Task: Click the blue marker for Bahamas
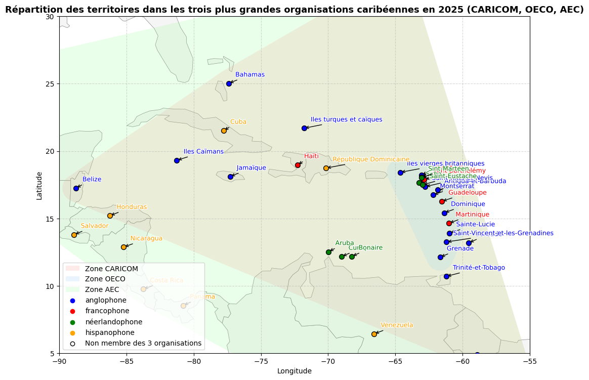[x=229, y=83]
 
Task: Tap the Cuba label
[x=238, y=122]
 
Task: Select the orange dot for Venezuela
[x=374, y=334]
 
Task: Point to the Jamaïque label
[x=251, y=168]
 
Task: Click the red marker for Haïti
[x=298, y=165]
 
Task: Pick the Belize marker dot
[x=76, y=188]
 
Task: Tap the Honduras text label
[x=132, y=207]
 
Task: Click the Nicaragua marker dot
[x=123, y=247]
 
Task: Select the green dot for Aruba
[x=328, y=252]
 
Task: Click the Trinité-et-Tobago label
[x=479, y=268]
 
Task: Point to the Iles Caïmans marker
[x=177, y=160]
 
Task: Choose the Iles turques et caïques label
[x=347, y=119]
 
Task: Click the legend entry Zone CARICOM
[x=111, y=269]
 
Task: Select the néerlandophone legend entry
[x=114, y=322]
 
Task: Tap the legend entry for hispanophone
[x=110, y=332]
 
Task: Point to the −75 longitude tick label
[x=261, y=361]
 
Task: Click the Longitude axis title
[x=294, y=371]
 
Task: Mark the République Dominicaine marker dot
[x=326, y=168]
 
